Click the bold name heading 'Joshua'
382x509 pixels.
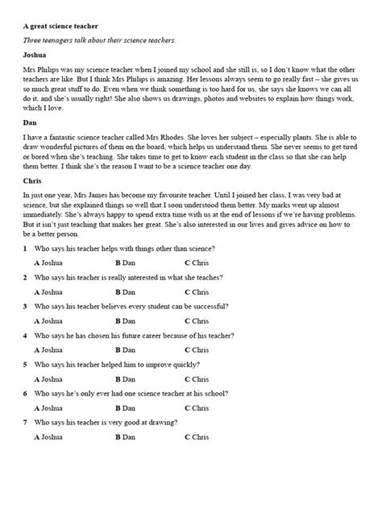click(37, 56)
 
